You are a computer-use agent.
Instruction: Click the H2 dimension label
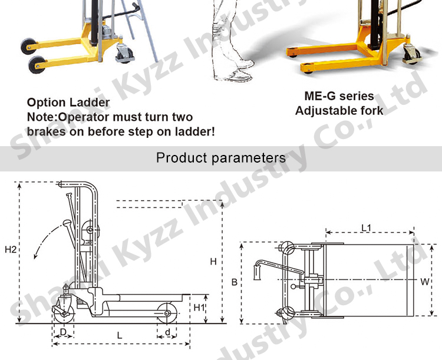tap(10, 250)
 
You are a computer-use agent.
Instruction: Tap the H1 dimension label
tap(198, 307)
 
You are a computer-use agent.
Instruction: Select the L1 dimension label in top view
tap(365, 226)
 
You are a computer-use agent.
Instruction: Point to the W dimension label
tap(424, 281)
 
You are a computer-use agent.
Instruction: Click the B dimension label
tap(234, 283)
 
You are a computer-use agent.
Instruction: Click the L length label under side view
tap(120, 335)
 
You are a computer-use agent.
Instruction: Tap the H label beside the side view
tap(213, 261)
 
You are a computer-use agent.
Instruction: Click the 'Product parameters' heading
tap(220, 158)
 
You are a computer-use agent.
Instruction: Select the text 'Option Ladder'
tap(68, 103)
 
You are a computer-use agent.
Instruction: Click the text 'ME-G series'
tap(339, 96)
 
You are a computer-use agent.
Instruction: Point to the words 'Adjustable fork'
tap(339, 110)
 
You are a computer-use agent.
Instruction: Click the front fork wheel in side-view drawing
tap(168, 312)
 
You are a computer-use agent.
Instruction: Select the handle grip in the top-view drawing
tap(257, 272)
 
